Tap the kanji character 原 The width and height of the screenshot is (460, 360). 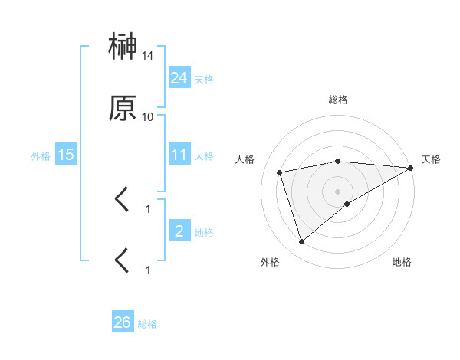pos(123,110)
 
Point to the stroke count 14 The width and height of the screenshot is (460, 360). pos(148,56)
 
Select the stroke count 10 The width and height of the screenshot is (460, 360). pos(148,116)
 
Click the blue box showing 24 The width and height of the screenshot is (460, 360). pos(179,77)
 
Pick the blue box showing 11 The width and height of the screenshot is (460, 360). pos(179,155)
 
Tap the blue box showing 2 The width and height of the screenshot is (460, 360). pos(179,231)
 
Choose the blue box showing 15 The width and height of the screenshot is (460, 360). pos(66,155)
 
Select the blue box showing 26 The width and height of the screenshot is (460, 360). pos(123,322)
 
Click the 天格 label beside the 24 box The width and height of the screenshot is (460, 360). pos(204,79)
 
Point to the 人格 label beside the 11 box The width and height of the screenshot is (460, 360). pos(204,156)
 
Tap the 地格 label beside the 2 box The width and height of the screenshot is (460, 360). pos(204,233)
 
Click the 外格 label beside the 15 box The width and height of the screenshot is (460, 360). pos(41,156)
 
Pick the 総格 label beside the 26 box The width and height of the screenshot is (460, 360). pos(147,324)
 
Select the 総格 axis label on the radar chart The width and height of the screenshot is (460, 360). pos(338,100)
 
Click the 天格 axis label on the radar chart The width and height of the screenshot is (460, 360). pos(431,159)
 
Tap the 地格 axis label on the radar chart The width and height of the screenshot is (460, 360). pos(402,262)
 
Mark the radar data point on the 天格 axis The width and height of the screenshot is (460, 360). pos(412,168)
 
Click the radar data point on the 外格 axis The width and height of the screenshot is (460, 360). pos(301,242)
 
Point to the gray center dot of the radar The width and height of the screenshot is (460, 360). pos(338,191)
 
